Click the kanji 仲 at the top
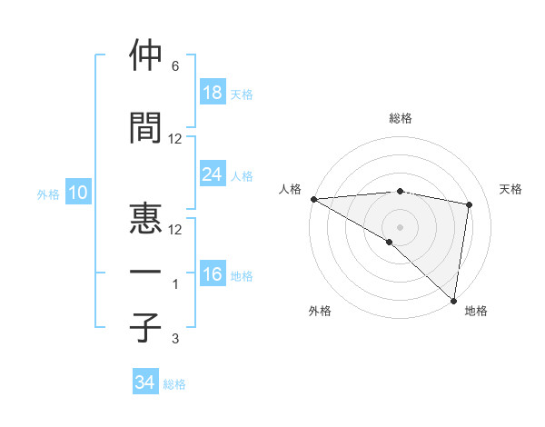pos(145,56)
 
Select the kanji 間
pos(145,129)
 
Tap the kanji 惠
pos(145,217)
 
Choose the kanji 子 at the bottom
pos(145,326)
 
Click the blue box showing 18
pos(213,93)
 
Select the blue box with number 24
pos(213,174)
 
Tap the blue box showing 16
pos(213,274)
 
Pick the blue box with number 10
pos(77,193)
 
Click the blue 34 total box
pos(145,383)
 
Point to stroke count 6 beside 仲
pos(174,66)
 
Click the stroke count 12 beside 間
pos(175,139)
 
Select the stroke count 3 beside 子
pos(174,339)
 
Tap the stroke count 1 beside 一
pos(174,284)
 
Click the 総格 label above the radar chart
pos(400,118)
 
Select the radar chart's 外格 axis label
pos(320,311)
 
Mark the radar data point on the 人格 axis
pos(313,199)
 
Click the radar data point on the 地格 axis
pos(453,300)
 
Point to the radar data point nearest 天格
pos(470,204)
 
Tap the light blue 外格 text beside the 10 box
pos(48,194)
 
